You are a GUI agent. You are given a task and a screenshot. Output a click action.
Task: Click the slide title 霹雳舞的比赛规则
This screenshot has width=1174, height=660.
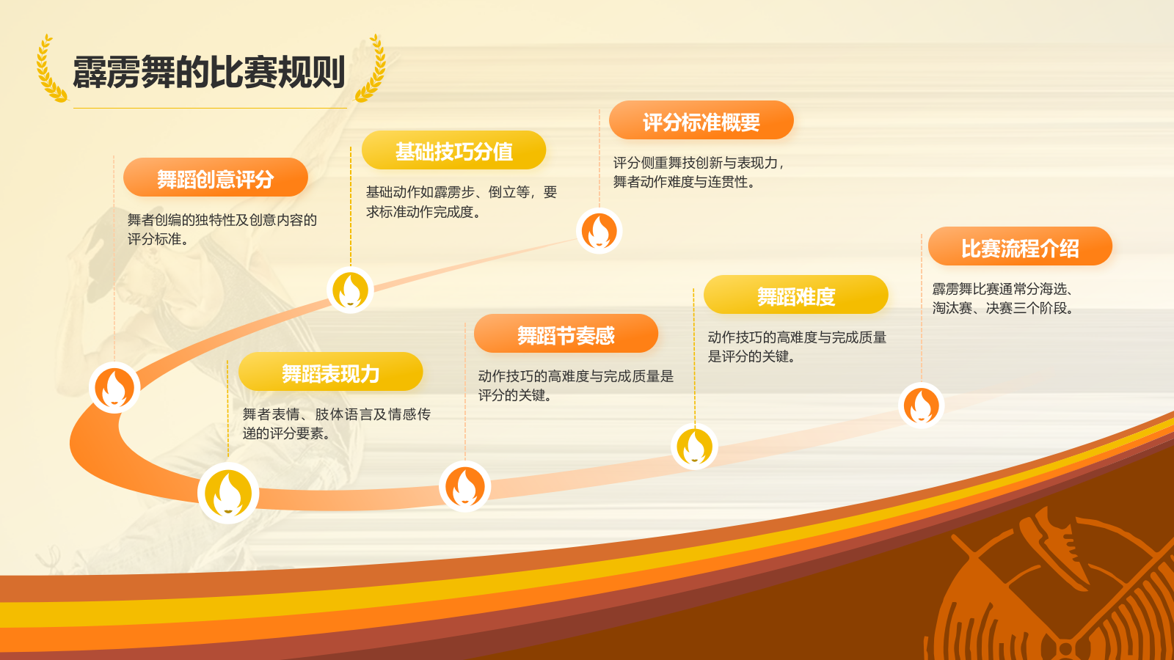[x=208, y=72]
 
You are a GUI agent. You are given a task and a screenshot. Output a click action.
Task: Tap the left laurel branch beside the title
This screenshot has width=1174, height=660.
[x=51, y=68]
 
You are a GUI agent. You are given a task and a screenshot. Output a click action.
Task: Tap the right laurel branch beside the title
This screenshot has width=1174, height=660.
[x=371, y=68]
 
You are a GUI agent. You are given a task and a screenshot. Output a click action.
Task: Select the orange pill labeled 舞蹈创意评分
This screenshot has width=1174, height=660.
[x=216, y=177]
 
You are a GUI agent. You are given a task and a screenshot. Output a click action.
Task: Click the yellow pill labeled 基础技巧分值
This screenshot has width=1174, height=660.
[x=454, y=150]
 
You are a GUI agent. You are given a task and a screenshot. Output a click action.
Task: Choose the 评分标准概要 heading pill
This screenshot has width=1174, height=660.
[x=701, y=120]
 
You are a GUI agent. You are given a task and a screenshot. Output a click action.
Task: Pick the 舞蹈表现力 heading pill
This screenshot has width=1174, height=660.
[x=331, y=372]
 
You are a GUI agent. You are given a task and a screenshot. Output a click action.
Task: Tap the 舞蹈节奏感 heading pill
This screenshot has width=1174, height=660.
[x=566, y=334]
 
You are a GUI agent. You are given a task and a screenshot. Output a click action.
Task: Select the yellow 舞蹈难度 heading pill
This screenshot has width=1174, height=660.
[x=796, y=295]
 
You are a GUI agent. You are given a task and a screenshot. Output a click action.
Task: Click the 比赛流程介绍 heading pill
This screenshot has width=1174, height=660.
[x=1021, y=246]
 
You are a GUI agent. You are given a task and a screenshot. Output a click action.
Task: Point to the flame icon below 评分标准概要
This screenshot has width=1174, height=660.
[x=599, y=231]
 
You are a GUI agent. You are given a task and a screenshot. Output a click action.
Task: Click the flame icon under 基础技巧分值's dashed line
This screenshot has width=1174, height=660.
[x=350, y=290]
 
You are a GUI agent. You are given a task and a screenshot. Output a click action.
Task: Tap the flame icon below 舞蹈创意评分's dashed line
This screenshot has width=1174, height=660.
[x=114, y=388]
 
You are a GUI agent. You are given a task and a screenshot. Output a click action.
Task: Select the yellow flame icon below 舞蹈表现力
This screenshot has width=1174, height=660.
[x=228, y=494]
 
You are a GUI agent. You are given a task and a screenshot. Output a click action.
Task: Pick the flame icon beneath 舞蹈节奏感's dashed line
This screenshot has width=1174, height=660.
[x=465, y=487]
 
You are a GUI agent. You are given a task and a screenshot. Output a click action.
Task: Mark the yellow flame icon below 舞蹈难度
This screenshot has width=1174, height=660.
[x=694, y=447]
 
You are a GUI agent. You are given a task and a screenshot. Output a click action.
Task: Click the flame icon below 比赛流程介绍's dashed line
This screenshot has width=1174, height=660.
[x=922, y=406]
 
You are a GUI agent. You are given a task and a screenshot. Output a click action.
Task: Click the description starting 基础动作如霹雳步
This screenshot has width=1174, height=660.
[x=462, y=202]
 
